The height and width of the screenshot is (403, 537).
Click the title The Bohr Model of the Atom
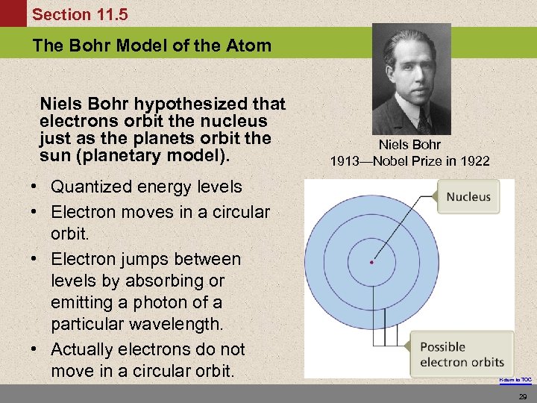pos(152,46)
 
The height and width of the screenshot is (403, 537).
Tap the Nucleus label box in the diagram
pos(468,197)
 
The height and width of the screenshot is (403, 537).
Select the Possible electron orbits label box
pos(462,354)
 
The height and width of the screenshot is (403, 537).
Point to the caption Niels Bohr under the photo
pos(409,145)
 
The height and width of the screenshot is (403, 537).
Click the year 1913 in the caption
pos(346,161)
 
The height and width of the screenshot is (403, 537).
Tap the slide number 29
pos(522,395)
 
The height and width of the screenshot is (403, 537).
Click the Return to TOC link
pos(515,381)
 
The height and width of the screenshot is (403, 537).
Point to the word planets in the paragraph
pos(171,138)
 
